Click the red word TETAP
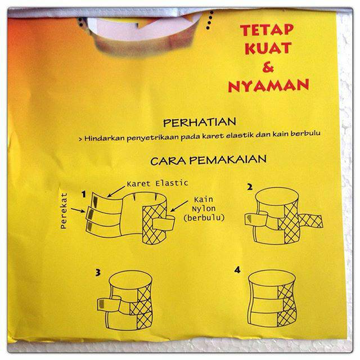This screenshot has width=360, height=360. (x=267, y=30)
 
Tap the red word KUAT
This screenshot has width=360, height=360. (x=268, y=48)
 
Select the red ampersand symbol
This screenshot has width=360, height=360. (x=268, y=67)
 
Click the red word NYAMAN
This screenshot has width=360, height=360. (x=268, y=85)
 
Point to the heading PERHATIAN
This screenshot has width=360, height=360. (x=200, y=123)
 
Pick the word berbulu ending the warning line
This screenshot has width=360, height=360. (x=305, y=133)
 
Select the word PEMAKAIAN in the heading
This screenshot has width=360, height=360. (x=228, y=159)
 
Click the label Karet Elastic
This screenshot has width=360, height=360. (x=157, y=183)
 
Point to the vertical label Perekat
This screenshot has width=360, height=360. (x=64, y=210)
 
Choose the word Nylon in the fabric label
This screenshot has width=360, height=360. (x=204, y=209)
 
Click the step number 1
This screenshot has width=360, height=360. (x=84, y=194)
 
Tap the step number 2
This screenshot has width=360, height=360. (x=250, y=187)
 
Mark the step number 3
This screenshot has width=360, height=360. (x=98, y=272)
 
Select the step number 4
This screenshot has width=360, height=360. (x=237, y=270)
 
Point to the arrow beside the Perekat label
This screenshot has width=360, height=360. (x=78, y=210)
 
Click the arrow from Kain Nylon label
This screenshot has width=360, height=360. (x=179, y=206)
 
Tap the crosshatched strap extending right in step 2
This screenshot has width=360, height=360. (x=311, y=220)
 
